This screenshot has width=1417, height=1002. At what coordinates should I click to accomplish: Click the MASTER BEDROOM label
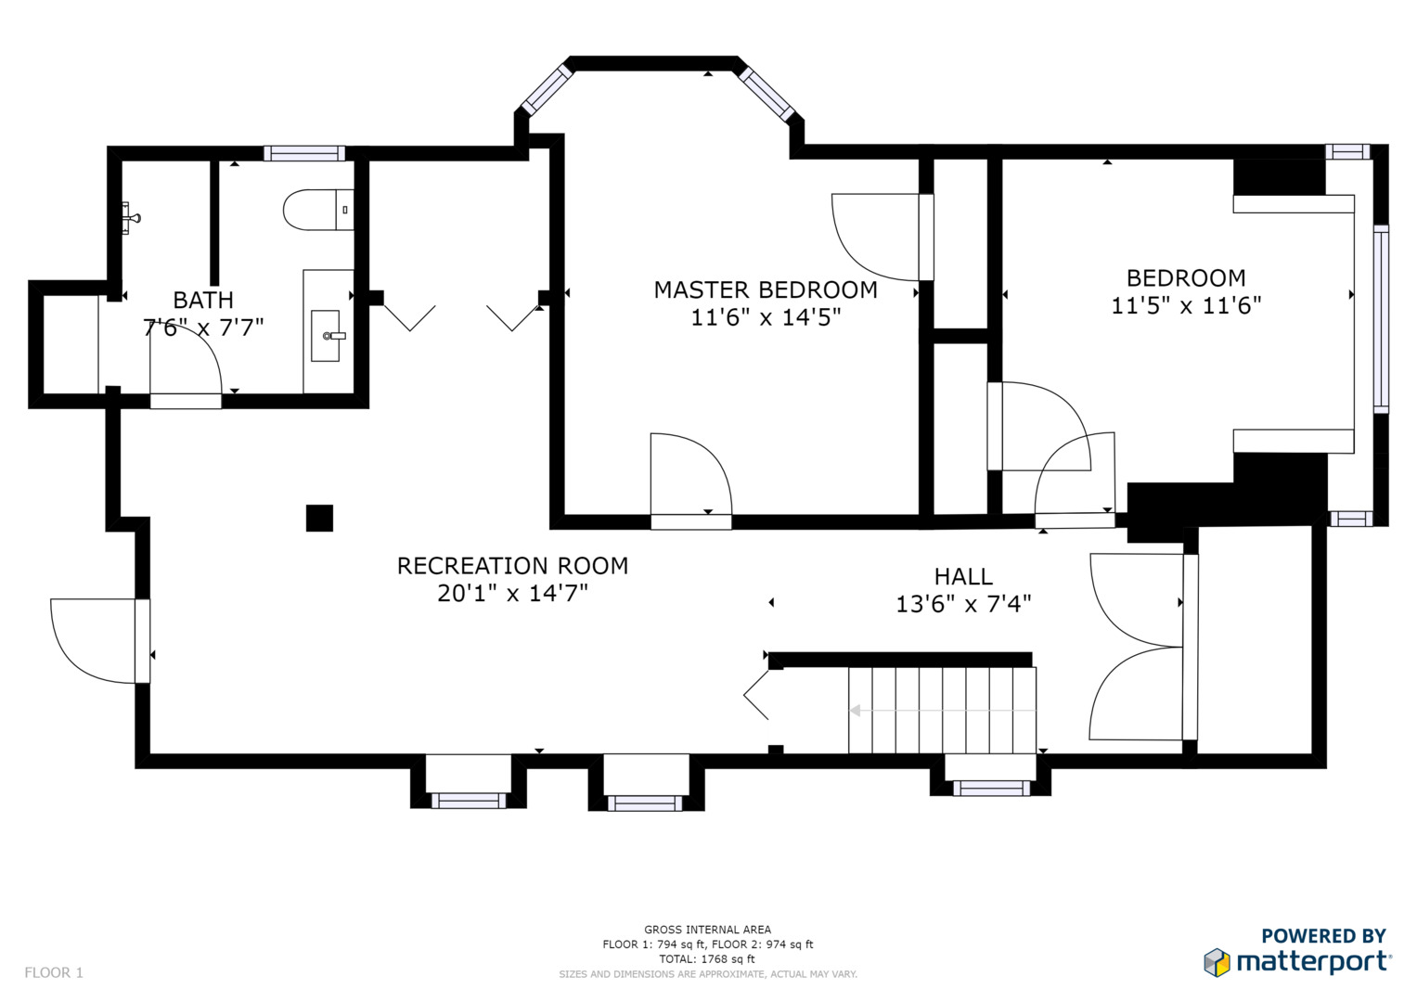tap(766, 289)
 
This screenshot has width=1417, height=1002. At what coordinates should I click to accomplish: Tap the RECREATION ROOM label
tap(512, 566)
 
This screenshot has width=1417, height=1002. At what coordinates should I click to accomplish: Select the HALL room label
tap(963, 576)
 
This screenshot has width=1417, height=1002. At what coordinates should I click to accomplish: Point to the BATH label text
tap(203, 300)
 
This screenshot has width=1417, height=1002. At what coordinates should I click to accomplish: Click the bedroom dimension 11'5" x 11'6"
tap(1186, 305)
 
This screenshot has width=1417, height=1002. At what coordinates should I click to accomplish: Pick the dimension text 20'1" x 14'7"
tap(512, 594)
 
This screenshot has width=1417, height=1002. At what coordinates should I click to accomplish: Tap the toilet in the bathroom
tap(318, 210)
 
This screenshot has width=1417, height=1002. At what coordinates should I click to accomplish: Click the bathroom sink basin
tap(325, 335)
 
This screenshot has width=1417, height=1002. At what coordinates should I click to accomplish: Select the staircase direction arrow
tap(943, 711)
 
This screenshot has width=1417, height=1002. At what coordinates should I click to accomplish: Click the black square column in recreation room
tap(319, 518)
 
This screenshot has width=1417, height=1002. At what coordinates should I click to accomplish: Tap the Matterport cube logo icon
tap(1217, 962)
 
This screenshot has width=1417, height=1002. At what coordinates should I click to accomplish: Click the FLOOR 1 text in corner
tap(54, 972)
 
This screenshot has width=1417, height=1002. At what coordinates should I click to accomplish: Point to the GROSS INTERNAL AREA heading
tap(707, 930)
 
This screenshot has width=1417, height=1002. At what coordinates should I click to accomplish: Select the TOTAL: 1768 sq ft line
tap(707, 959)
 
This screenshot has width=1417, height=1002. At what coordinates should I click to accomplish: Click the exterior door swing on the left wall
tap(93, 641)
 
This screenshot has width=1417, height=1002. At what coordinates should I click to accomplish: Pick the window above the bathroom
tap(304, 153)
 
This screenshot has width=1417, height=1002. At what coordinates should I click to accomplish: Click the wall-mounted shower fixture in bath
tap(130, 218)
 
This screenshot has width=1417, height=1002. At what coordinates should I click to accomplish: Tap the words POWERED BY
tap(1323, 935)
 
